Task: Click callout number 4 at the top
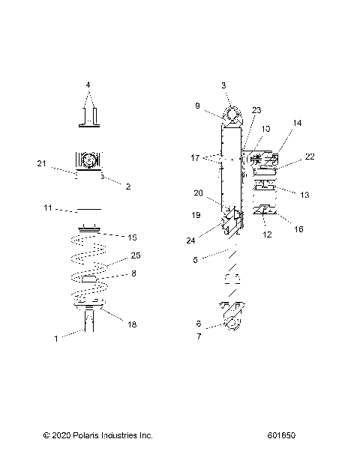pyautogui.click(x=88, y=85)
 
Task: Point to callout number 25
pyautogui.click(x=136, y=255)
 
